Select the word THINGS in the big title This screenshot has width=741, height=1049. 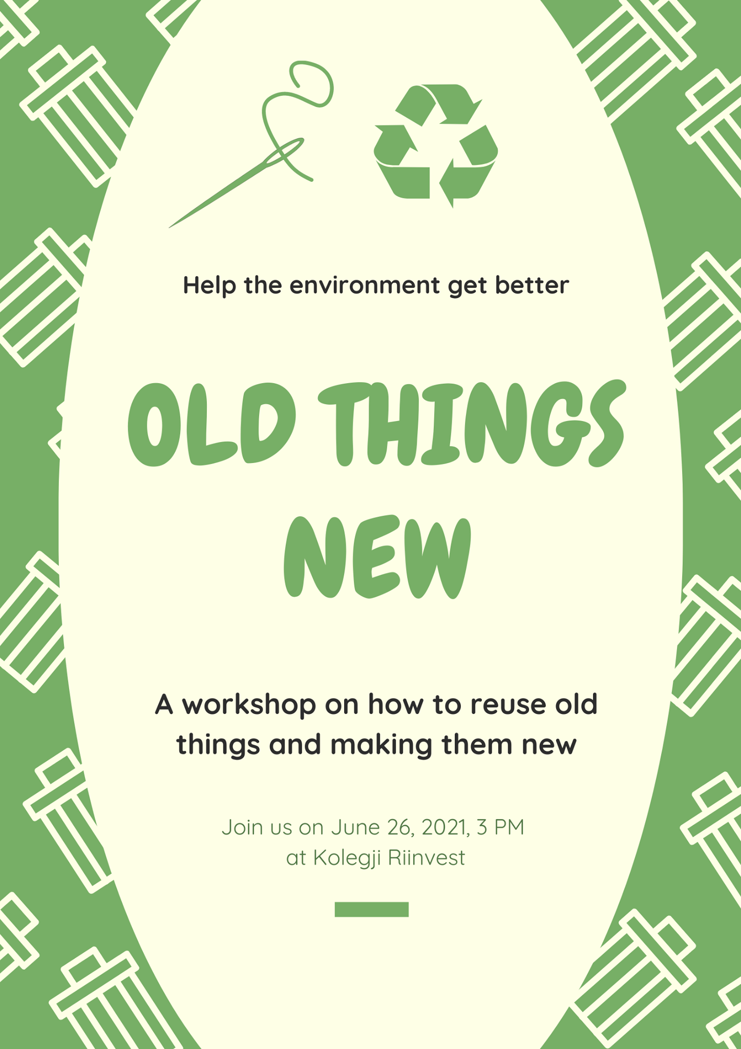(x=472, y=424)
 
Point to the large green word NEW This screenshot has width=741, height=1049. (x=377, y=558)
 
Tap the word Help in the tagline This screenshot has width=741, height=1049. (x=209, y=285)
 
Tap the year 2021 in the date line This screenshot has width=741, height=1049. (x=446, y=827)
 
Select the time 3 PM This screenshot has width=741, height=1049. (x=500, y=827)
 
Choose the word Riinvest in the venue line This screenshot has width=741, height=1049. (x=426, y=857)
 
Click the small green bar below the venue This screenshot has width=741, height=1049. (x=371, y=909)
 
